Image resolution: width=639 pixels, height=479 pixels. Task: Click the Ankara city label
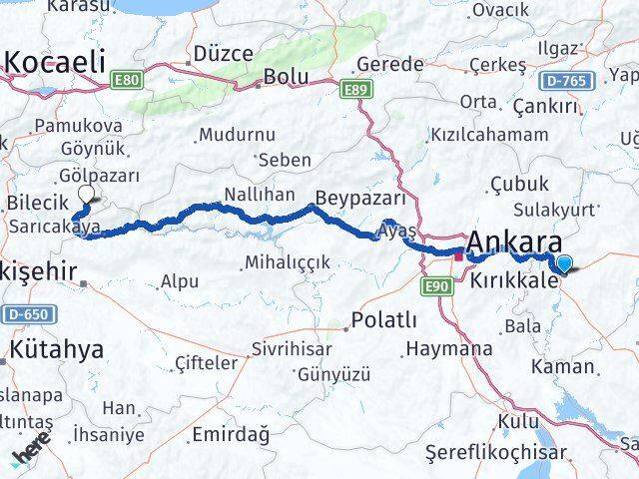tap(512, 241)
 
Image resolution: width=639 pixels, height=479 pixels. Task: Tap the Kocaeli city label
tap(55, 62)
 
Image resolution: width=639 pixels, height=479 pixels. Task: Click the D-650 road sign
tap(29, 314)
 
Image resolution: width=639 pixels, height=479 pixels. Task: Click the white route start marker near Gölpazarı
tap(86, 195)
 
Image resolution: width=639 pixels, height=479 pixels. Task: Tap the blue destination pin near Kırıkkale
tap(566, 263)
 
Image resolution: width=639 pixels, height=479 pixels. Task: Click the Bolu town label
tap(286, 77)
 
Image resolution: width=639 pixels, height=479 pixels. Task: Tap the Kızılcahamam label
tap(488, 135)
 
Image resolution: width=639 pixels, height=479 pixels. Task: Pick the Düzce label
tap(224, 53)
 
